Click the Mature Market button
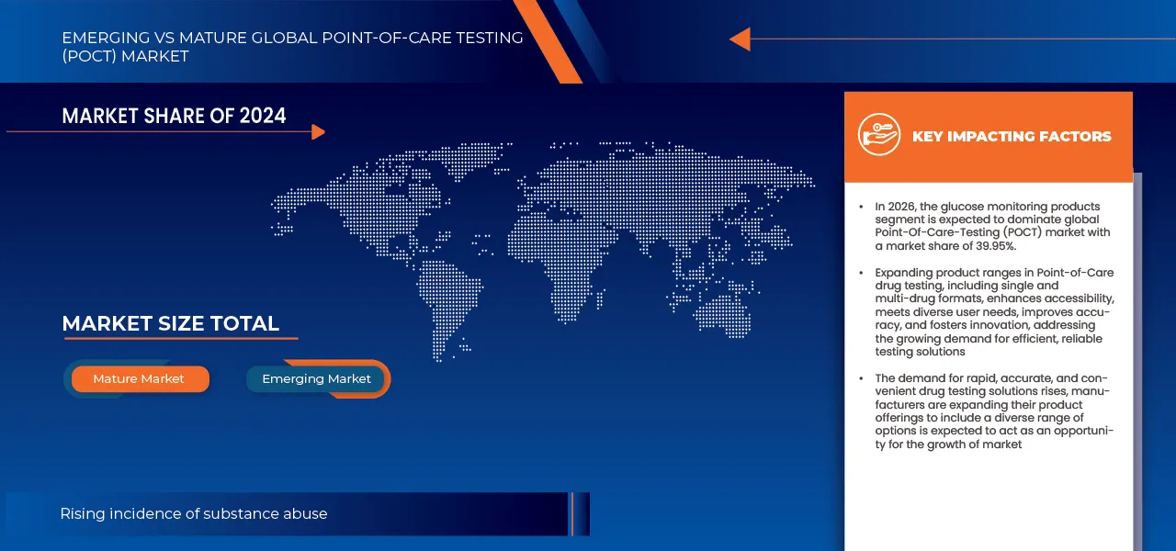139,379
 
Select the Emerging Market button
316,379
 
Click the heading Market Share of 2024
174,116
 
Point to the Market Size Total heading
170,324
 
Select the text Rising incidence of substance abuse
193,514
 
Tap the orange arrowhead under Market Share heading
318,132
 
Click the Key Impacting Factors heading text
1011,137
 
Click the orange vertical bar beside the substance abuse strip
571,514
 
